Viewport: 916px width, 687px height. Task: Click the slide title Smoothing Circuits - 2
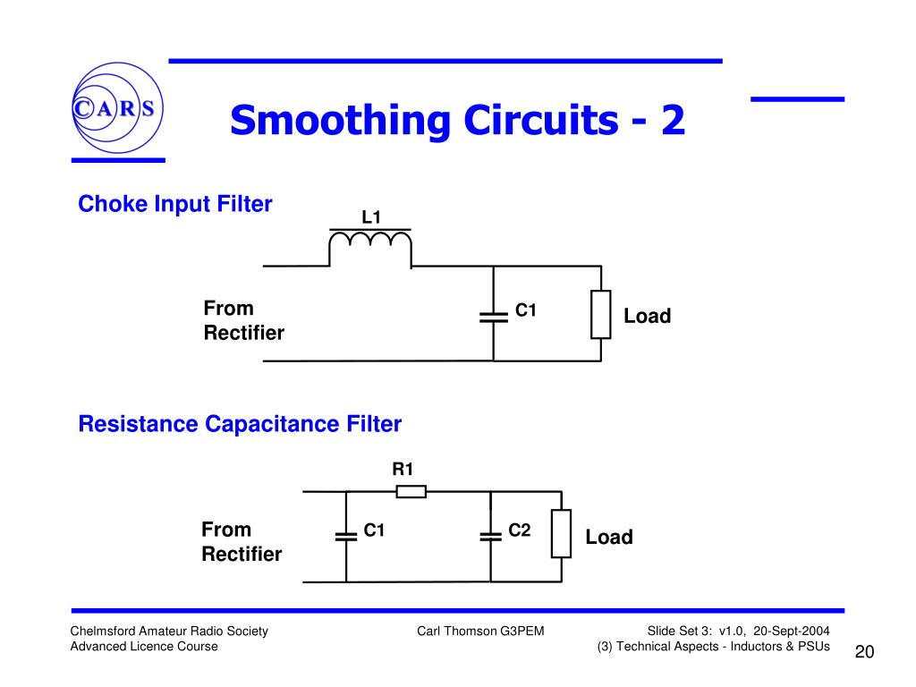point(457,121)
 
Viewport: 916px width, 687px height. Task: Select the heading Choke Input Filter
point(175,205)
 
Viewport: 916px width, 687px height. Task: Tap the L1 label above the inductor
point(371,217)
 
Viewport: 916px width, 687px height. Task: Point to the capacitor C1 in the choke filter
point(493,315)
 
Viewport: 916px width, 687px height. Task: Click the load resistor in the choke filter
point(601,314)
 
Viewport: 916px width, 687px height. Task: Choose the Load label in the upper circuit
point(647,317)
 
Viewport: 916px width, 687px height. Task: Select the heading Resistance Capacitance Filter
point(240,424)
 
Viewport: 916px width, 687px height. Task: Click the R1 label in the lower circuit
point(403,469)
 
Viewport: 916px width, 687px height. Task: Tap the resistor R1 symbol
point(411,491)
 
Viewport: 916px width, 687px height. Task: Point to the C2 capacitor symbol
point(490,536)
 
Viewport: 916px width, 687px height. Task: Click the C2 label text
point(520,530)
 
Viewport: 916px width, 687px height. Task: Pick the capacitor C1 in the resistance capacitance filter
point(345,536)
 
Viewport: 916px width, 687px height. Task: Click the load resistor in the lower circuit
point(561,534)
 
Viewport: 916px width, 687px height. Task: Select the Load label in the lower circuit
point(609,538)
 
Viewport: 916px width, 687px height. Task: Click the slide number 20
point(863,651)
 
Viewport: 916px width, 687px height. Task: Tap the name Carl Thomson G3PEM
point(480,632)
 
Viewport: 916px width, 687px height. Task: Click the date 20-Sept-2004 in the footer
point(792,632)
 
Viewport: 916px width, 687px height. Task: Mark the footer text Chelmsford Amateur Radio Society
point(169,632)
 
